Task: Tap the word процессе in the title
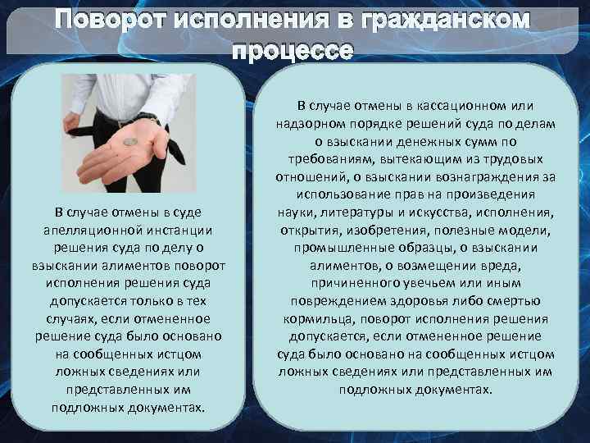pyautogui.click(x=294, y=51)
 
